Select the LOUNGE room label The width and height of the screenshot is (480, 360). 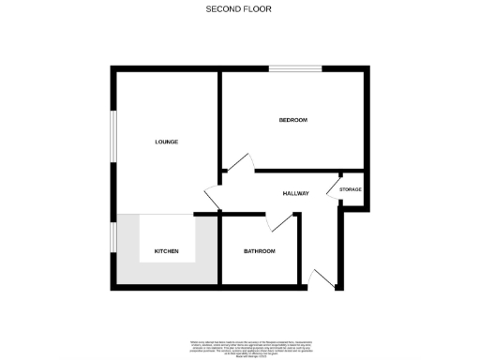166,142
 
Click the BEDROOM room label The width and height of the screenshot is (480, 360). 292,121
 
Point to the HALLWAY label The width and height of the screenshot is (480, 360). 295,193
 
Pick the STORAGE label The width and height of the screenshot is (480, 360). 350,190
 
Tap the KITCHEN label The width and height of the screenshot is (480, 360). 166,251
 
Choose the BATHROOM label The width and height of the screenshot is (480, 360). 259,251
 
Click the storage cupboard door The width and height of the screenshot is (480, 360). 334,187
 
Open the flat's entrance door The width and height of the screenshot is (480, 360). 321,277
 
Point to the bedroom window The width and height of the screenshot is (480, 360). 295,67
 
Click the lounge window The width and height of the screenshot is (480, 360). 112,141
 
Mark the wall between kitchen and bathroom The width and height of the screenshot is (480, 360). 219,251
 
